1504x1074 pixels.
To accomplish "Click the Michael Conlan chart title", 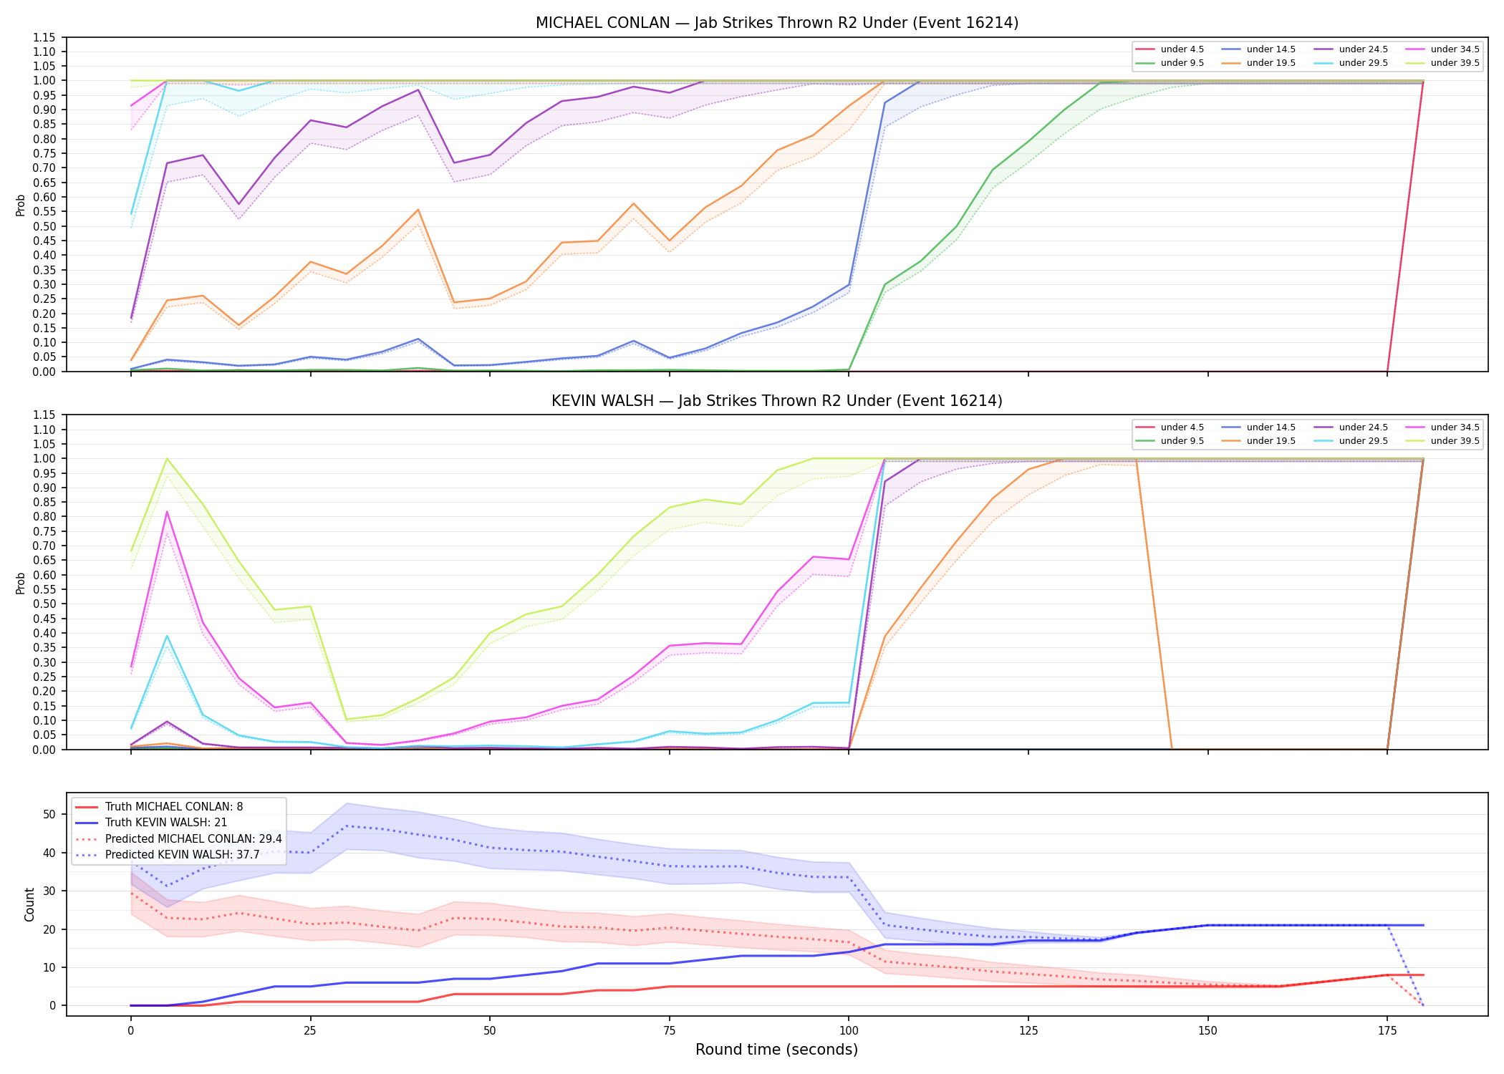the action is (x=777, y=23).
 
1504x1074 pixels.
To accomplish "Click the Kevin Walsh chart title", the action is (x=777, y=401).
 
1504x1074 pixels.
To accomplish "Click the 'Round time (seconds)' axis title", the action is (x=776, y=1050).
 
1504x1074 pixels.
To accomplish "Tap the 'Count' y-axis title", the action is (x=30, y=904).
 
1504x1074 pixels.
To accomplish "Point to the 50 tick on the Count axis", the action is (x=49, y=814).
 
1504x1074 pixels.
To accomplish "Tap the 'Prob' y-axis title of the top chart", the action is (x=21, y=205).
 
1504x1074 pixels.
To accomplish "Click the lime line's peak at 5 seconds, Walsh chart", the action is (x=167, y=458).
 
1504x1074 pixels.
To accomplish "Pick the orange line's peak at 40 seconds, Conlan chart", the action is (x=418, y=210).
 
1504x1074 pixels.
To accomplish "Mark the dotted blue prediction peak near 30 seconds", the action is (x=347, y=826).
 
